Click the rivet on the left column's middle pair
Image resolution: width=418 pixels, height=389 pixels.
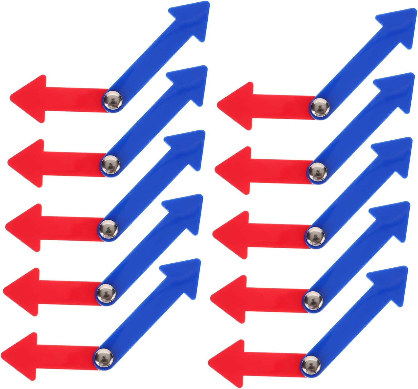(108, 229)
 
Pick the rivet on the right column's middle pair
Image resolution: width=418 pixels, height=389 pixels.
(315, 236)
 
